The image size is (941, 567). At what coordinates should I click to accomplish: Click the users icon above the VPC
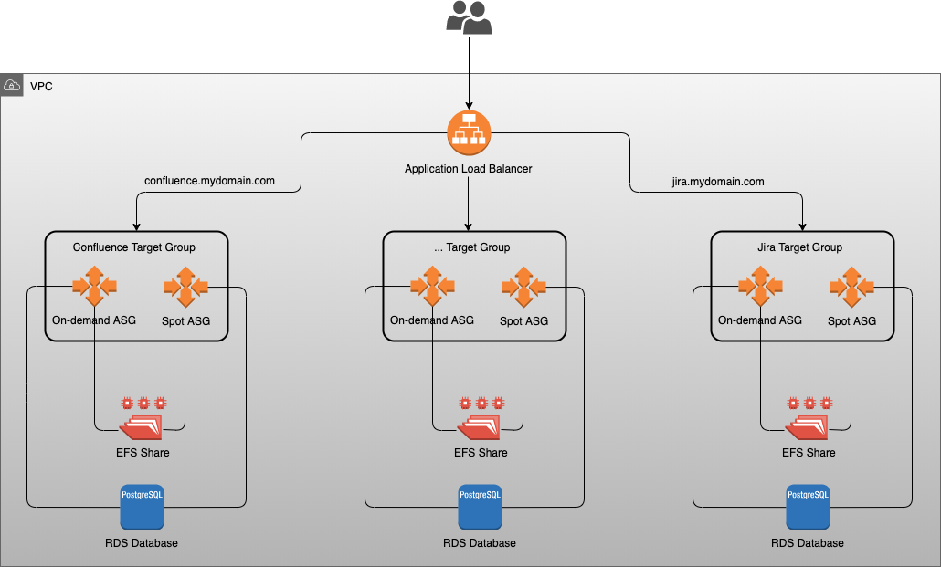point(469,17)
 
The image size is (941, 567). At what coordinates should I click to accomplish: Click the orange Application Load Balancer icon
point(469,132)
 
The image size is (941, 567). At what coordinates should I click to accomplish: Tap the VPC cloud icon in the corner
point(12,86)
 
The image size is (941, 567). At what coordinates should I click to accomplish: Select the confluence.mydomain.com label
point(210,181)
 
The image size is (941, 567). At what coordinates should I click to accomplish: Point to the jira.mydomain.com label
point(712,182)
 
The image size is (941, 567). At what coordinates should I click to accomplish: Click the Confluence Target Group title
point(134,247)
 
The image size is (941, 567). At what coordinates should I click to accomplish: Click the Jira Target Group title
point(800,247)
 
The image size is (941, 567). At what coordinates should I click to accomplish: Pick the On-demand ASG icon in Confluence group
point(94,287)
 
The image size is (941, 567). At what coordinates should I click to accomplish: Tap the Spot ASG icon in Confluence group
point(185,287)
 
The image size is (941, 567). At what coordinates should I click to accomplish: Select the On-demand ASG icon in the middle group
point(432,287)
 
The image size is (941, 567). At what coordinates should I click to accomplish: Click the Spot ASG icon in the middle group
point(523,287)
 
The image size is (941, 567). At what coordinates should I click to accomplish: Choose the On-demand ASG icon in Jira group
point(760,287)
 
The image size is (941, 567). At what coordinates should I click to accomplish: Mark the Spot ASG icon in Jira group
point(851,287)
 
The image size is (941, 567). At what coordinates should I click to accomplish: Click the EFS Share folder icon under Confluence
point(142,425)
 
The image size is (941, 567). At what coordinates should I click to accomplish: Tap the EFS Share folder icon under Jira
point(808,425)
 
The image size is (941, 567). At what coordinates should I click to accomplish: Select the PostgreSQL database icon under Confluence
point(142,507)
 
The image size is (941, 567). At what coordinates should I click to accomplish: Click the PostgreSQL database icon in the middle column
point(480,507)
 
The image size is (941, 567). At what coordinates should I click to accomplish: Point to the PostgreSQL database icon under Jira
point(808,507)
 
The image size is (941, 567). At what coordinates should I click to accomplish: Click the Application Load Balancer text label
point(469,169)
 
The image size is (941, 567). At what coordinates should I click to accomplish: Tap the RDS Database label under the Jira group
point(808,543)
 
